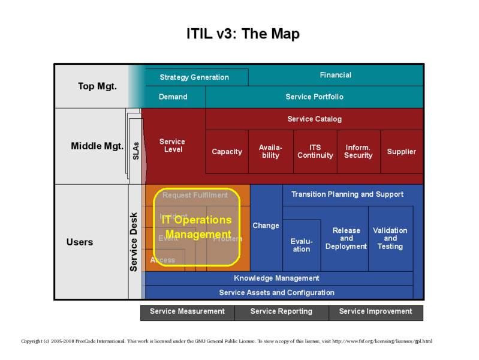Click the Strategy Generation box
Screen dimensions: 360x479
click(194, 77)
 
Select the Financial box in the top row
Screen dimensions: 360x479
click(336, 75)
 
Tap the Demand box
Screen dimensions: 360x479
click(173, 97)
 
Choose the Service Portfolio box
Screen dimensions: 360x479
click(314, 97)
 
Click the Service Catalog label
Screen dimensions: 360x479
click(314, 119)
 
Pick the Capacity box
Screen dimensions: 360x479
click(227, 152)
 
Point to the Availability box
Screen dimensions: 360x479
click(271, 152)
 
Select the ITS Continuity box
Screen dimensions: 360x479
click(315, 152)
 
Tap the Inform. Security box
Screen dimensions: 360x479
click(359, 152)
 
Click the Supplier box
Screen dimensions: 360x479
click(402, 152)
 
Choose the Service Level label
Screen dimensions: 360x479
click(173, 146)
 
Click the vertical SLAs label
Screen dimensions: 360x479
click(135, 150)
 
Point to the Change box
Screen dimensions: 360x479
click(266, 226)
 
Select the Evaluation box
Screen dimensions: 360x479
click(302, 245)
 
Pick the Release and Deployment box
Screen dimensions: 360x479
click(346, 238)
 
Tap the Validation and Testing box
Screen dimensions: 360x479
click(390, 238)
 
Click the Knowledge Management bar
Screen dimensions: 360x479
click(276, 278)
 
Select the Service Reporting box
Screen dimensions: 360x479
click(281, 312)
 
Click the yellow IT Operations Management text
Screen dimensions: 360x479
click(197, 227)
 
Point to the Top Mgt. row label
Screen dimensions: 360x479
click(98, 86)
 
